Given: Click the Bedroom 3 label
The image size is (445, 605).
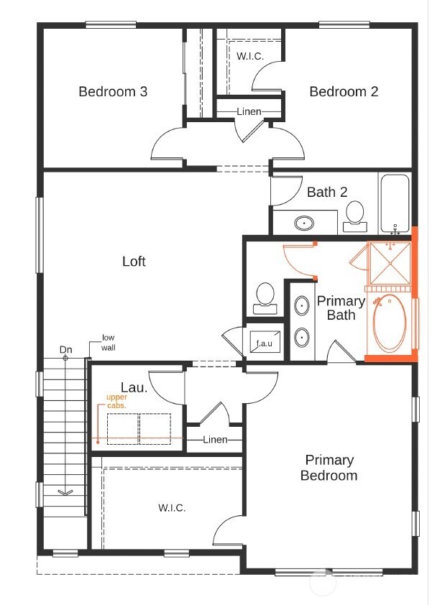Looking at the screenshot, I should click(113, 91).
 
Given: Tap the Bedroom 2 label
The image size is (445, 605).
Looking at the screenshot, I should click(344, 91).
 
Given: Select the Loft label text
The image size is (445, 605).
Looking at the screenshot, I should click(134, 261).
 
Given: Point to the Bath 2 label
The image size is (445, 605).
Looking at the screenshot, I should click(327, 192).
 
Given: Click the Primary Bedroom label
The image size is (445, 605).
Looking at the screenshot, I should click(329, 468).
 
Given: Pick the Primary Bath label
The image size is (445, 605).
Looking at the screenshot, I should click(341, 308).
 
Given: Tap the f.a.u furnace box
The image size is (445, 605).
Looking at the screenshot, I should click(265, 343).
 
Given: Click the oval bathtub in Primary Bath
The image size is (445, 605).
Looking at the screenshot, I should click(390, 323).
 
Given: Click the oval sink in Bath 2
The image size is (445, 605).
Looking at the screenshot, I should click(305, 223).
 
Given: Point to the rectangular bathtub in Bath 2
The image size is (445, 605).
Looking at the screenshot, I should click(394, 203).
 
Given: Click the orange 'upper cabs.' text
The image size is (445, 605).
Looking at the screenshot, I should click(116, 401).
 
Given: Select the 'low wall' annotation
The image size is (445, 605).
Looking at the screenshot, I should click(109, 342).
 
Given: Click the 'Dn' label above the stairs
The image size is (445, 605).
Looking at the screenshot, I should click(65, 350).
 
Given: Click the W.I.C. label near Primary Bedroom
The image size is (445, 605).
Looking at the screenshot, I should click(172, 508).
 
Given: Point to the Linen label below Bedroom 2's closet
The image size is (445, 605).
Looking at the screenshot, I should click(249, 111).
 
